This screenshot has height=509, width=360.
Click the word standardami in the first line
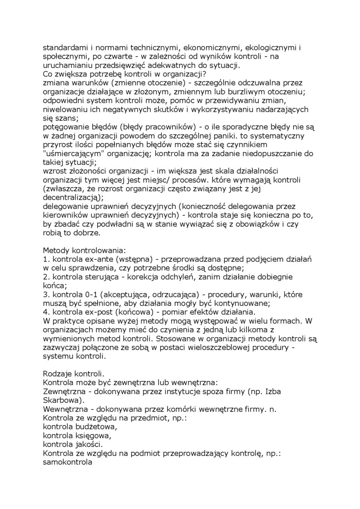[66, 48]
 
